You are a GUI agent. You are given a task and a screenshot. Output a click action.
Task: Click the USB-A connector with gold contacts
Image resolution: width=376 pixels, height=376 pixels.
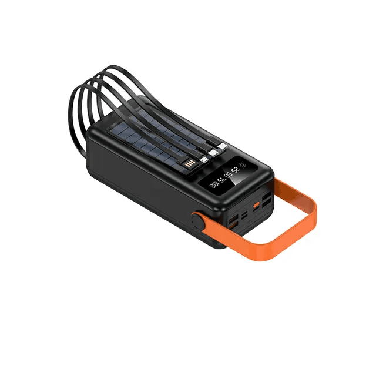pos(190,164)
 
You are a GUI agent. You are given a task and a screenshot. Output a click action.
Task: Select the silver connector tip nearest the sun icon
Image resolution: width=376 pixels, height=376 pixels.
pos(223,146)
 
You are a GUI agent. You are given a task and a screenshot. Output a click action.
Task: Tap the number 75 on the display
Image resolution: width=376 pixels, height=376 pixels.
pos(223,180)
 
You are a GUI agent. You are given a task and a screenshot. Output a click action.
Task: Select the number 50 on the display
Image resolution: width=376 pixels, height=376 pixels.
pos(230,175)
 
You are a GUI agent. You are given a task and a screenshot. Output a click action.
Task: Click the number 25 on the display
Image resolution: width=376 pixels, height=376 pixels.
pos(236,170)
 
